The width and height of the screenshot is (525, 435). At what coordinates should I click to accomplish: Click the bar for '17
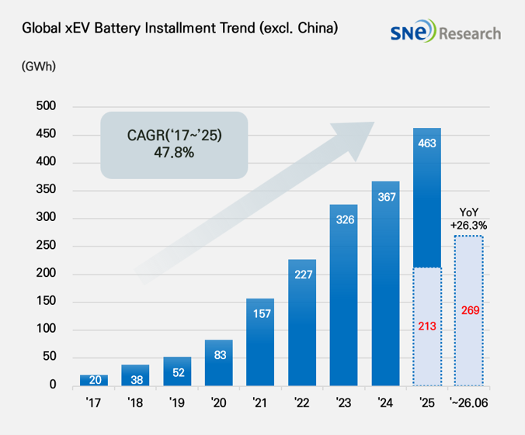(94, 380)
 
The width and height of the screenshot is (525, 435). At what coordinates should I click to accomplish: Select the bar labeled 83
(219, 363)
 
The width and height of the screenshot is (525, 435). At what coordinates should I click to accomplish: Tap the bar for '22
(302, 323)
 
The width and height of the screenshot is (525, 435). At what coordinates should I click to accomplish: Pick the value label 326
(345, 219)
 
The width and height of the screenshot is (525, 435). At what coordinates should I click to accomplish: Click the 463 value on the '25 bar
(427, 143)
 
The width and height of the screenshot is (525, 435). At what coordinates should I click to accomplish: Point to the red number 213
(427, 326)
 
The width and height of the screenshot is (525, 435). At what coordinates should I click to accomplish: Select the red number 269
(470, 310)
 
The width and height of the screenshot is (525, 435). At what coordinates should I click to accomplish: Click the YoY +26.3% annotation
(469, 219)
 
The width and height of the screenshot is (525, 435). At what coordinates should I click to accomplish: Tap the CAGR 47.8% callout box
(174, 145)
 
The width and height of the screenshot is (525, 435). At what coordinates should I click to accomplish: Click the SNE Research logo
(446, 31)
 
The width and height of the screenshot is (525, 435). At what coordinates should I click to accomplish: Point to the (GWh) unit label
(39, 66)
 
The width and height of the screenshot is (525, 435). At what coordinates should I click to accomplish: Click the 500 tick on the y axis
(46, 106)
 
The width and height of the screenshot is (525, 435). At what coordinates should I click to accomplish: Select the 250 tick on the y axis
(46, 245)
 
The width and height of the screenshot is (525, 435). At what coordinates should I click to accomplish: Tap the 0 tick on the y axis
(53, 385)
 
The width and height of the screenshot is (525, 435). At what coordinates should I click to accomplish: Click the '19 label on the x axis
(176, 403)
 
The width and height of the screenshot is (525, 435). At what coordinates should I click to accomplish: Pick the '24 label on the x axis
(385, 403)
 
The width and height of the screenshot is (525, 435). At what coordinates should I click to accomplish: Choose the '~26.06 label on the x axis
(469, 403)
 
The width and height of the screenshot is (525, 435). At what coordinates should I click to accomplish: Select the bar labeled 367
(385, 284)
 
